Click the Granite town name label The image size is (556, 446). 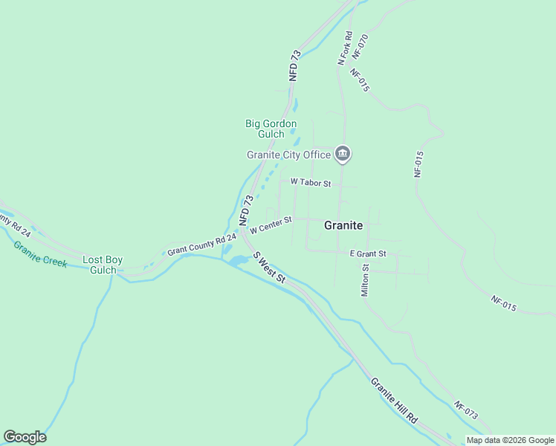click(x=343, y=225)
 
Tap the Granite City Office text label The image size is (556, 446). click(x=288, y=155)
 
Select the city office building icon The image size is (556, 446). click(x=342, y=154)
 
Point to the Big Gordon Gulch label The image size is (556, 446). click(x=271, y=129)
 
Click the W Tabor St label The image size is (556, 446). click(x=310, y=181)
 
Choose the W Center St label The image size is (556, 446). click(x=271, y=224)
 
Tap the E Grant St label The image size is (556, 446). click(x=368, y=253)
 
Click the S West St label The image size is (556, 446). click(x=269, y=267)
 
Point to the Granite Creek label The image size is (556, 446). click(x=40, y=253)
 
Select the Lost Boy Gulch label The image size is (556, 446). click(x=102, y=265)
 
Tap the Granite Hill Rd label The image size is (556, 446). click(x=394, y=400)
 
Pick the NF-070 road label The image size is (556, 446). click(x=361, y=46)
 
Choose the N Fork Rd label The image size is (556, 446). click(x=344, y=48)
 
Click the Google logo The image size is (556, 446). click(x=25, y=437)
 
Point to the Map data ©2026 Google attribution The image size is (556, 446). click(x=510, y=440)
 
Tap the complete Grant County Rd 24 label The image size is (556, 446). click(x=201, y=244)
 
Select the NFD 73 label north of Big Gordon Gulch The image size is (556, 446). click(x=295, y=65)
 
